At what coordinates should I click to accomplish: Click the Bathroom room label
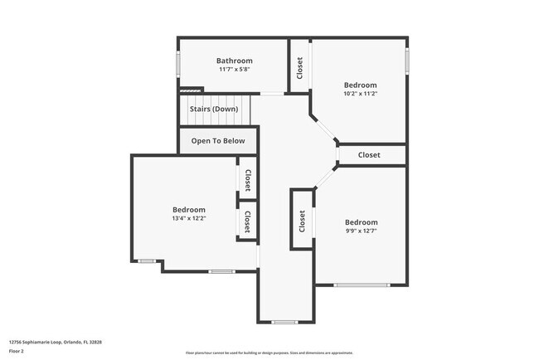pyautogui.click(x=234, y=61)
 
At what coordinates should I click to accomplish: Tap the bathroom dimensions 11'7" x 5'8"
pyautogui.click(x=234, y=70)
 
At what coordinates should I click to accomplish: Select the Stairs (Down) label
pyautogui.click(x=213, y=109)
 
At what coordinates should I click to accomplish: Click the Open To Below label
pyautogui.click(x=218, y=141)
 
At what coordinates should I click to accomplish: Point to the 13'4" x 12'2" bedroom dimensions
pyautogui.click(x=188, y=219)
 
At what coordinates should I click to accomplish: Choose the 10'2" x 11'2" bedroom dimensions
pyautogui.click(x=360, y=94)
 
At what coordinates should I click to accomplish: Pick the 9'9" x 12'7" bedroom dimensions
pyautogui.click(x=361, y=231)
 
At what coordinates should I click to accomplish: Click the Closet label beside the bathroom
pyautogui.click(x=299, y=67)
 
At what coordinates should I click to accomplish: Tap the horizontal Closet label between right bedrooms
pyautogui.click(x=369, y=155)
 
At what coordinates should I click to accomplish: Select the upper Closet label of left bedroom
pyautogui.click(x=247, y=180)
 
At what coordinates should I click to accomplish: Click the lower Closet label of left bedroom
pyautogui.click(x=247, y=221)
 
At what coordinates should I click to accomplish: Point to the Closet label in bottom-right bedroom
pyautogui.click(x=302, y=220)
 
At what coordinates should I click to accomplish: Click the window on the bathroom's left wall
pyautogui.click(x=177, y=65)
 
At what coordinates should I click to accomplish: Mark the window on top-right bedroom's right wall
pyautogui.click(x=407, y=60)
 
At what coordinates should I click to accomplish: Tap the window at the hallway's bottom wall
pyautogui.click(x=284, y=322)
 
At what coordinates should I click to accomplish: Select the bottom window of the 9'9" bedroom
pyautogui.click(x=361, y=285)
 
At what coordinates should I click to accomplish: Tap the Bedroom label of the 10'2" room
pyautogui.click(x=360, y=85)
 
